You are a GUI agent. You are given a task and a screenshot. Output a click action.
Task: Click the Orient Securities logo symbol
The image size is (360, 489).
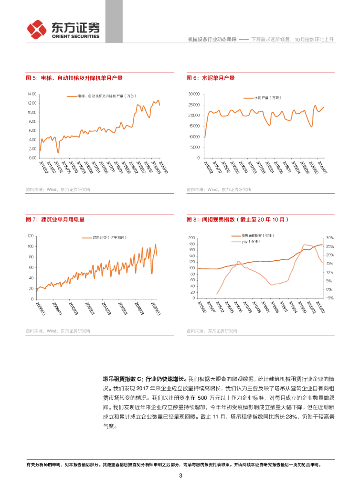(36, 29)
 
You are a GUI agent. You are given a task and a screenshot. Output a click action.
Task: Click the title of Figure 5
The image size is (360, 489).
(77, 78)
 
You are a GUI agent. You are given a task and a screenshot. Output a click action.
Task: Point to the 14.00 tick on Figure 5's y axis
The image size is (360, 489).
(32, 94)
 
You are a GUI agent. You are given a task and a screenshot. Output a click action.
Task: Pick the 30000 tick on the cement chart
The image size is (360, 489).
(193, 94)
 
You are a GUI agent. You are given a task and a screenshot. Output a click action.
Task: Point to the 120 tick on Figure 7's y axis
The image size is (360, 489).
(30, 236)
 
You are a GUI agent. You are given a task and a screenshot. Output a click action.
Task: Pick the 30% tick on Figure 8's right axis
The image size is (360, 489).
(330, 238)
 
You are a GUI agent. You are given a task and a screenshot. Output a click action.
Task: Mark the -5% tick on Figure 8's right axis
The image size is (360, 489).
(330, 298)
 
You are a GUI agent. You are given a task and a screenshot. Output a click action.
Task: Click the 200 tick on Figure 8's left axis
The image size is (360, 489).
(192, 238)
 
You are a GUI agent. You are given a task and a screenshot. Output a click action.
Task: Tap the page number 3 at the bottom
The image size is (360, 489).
(180, 475)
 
